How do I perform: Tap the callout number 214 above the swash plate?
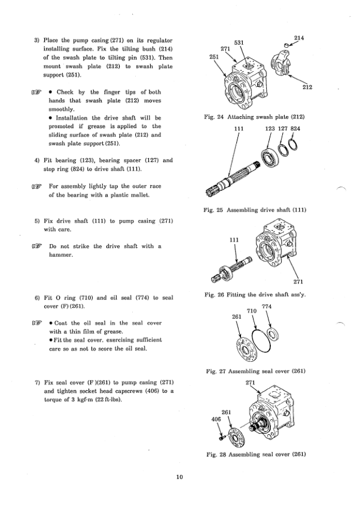(299, 38)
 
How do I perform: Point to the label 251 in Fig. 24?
(213, 57)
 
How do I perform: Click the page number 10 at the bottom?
(179, 477)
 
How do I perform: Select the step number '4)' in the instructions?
(37, 160)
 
